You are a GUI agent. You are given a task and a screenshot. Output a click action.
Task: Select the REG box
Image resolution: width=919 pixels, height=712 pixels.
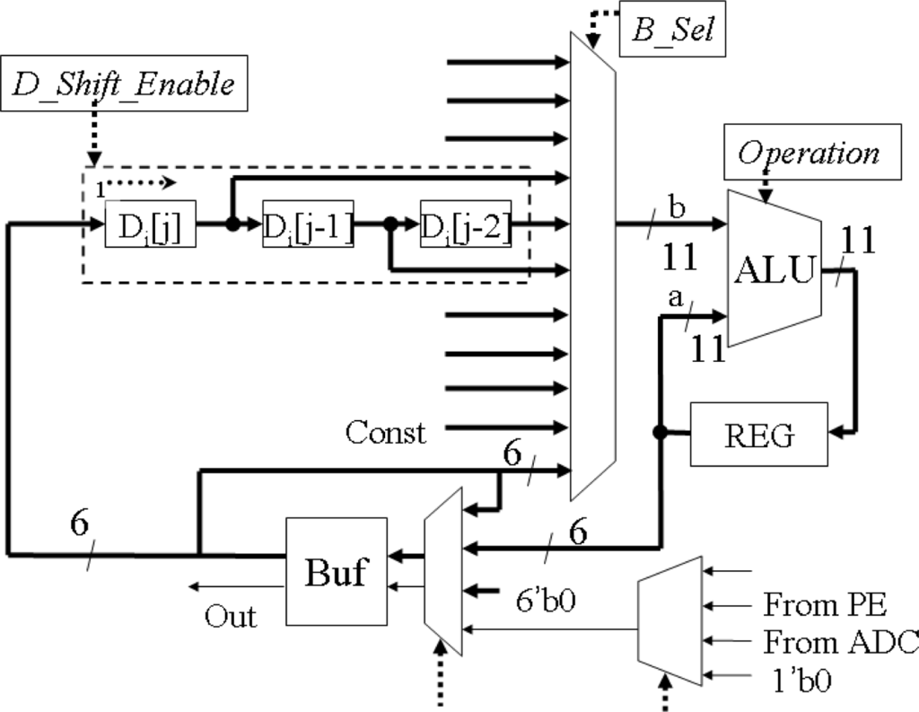pos(757,435)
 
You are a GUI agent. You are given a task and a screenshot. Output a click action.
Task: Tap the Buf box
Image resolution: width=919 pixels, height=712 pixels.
pos(336,571)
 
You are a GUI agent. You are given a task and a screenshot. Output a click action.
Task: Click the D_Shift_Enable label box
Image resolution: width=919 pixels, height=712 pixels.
pos(124,85)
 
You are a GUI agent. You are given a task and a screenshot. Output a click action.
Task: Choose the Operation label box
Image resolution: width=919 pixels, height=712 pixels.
pos(809,154)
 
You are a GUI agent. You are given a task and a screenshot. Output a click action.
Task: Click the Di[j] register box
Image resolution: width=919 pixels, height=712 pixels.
pos(151,225)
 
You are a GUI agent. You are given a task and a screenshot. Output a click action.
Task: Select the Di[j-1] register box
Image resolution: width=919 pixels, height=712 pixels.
pos(308,225)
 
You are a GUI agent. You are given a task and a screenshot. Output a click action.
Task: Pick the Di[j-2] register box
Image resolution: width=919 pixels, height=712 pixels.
pos(465,225)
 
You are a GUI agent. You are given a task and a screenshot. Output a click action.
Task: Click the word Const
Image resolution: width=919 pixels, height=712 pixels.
pos(386,433)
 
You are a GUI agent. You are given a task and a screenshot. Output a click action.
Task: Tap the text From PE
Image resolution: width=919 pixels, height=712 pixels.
pos(825,605)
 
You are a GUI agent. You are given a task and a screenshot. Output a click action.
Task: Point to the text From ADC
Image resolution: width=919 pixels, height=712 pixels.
pos(840,643)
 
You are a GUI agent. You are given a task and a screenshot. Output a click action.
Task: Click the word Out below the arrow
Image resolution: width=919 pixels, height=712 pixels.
pos(231,617)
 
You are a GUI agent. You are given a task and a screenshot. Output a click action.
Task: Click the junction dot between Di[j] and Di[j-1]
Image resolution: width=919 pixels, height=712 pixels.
pos(232,225)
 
